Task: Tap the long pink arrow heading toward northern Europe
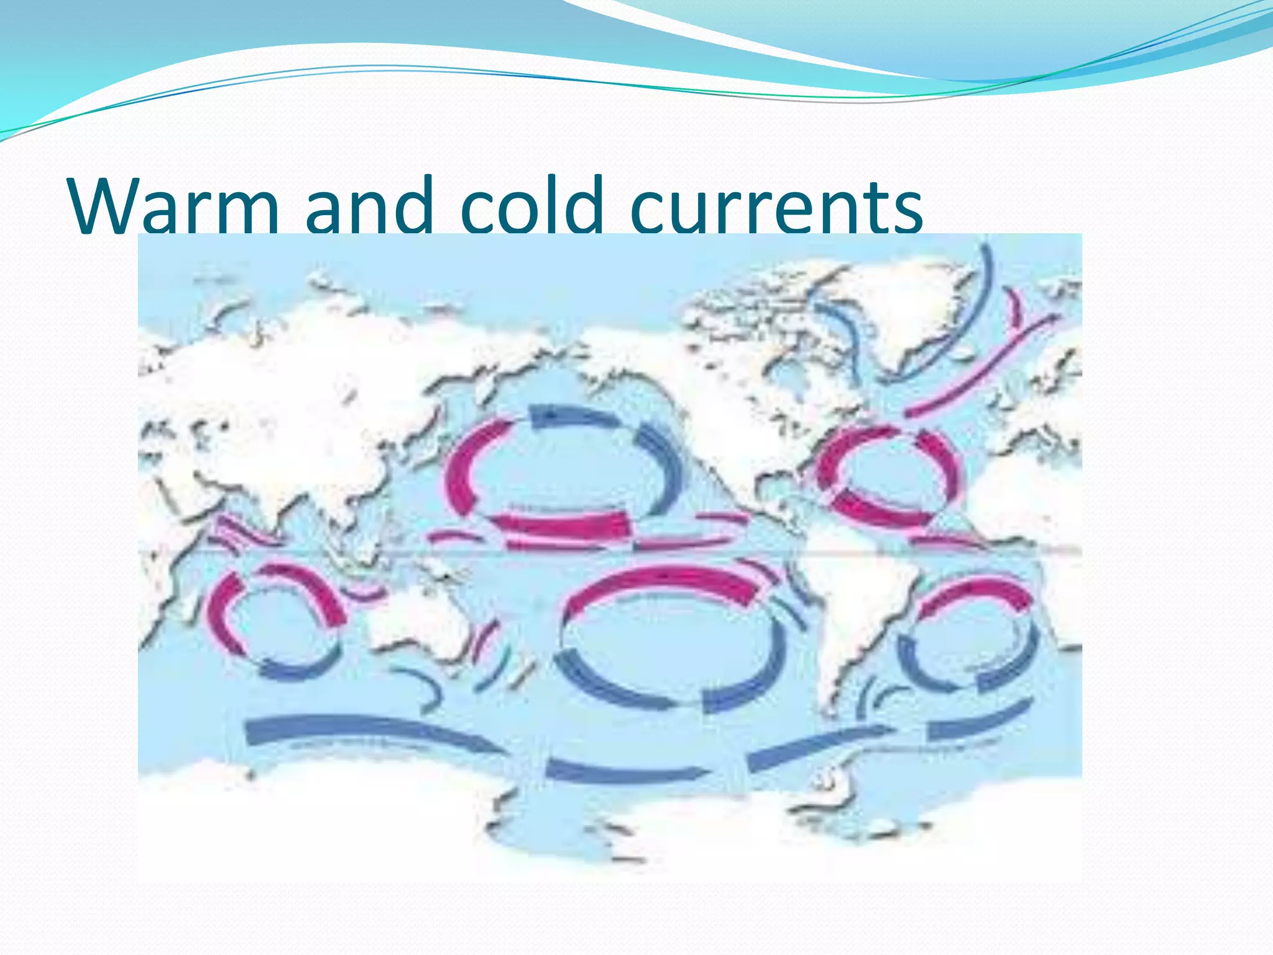pyautogui.click(x=982, y=367)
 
